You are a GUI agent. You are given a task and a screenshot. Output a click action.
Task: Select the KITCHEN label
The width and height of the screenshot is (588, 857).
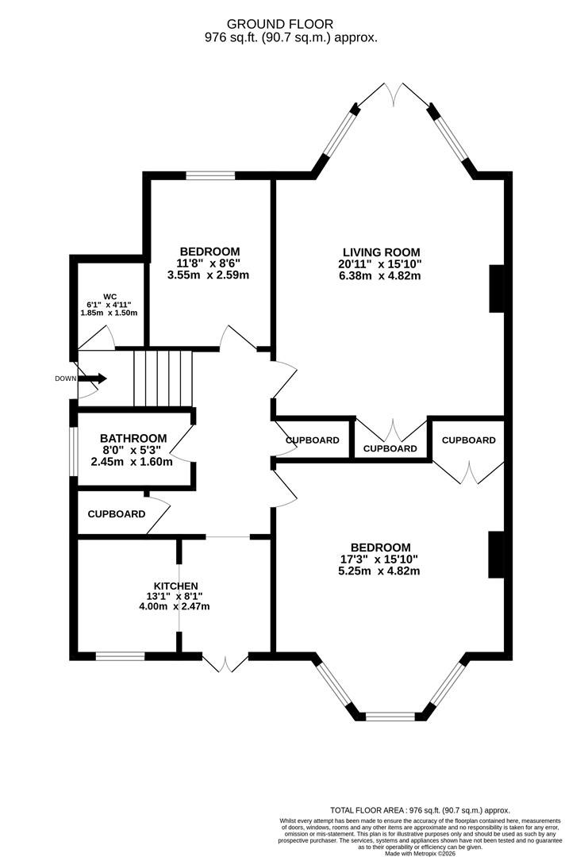click(175, 586)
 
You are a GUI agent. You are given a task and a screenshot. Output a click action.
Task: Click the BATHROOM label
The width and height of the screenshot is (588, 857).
click(133, 438)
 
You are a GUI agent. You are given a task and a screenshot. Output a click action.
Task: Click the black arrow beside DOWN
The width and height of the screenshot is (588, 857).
click(92, 379)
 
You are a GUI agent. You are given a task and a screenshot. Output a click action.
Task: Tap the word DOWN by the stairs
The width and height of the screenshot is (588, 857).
click(65, 379)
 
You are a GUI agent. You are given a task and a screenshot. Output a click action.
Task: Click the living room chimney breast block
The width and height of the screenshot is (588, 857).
click(497, 289)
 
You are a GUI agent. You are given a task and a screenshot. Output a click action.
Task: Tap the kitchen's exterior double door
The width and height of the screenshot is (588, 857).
click(225, 663)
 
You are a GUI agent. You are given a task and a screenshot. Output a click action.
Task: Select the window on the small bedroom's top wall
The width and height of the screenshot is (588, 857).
click(210, 175)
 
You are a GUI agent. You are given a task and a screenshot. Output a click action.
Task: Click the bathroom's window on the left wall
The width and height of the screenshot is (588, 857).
click(73, 452)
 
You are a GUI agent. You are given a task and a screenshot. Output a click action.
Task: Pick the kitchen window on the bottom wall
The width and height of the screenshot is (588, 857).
click(120, 656)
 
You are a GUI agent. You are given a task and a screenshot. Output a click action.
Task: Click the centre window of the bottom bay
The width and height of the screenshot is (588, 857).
click(390, 717)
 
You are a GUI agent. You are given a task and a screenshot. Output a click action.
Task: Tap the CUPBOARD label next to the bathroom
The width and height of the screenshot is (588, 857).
click(117, 514)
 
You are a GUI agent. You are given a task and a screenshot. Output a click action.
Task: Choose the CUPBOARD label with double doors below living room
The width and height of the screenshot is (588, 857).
click(390, 448)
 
